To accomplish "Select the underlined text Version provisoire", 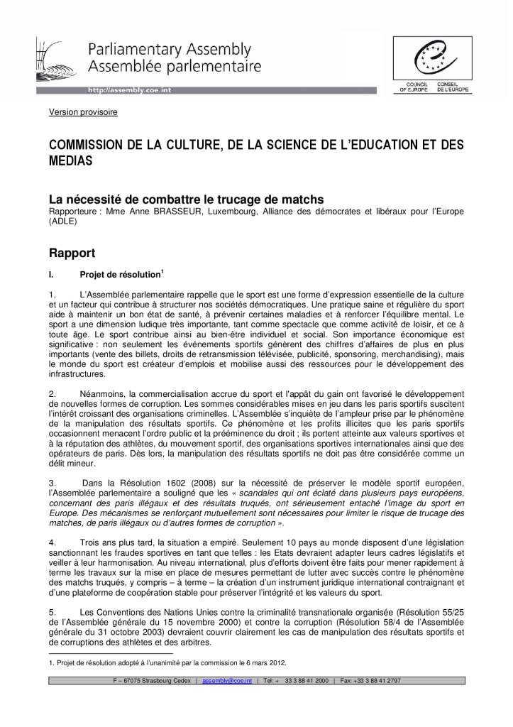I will pos(83,112).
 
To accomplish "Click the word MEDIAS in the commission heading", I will pos(71,161).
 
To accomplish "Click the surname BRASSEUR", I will pos(190,211).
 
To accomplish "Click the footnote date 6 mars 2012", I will pos(268,662).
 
